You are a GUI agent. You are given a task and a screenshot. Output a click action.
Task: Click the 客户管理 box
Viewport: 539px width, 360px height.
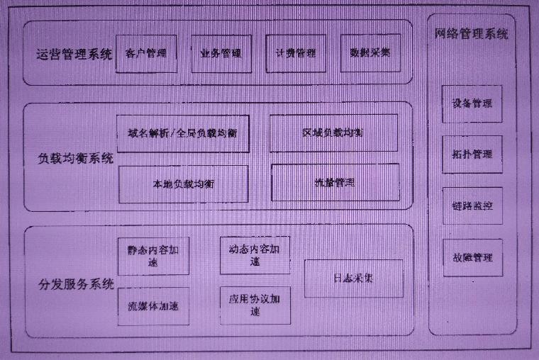tap(145, 54)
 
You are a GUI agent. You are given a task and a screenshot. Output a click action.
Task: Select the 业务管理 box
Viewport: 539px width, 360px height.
tap(221, 54)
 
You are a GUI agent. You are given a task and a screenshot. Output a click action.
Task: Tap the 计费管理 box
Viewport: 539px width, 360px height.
tap(295, 54)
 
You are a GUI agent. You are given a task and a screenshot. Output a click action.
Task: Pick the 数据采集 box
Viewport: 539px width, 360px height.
tap(369, 54)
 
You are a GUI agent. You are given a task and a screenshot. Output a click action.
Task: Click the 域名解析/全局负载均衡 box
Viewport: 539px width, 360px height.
tap(183, 133)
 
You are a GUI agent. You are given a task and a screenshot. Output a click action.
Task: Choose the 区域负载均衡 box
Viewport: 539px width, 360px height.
tap(333, 133)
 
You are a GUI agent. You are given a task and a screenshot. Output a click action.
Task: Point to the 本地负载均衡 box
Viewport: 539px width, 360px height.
tap(183, 184)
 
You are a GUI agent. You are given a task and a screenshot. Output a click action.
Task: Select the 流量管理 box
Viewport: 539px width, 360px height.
tap(334, 183)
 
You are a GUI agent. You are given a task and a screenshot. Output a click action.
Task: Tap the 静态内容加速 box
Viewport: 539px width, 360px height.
tap(153, 257)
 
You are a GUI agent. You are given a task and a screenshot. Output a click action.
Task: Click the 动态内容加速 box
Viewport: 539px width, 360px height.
tap(255, 255)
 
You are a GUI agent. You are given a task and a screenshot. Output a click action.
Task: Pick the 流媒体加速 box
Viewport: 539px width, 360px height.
tap(153, 306)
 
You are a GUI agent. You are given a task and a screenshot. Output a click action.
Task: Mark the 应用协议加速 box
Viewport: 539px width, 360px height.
tap(255, 305)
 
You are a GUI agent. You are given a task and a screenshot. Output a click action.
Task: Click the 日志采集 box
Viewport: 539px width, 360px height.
tap(353, 279)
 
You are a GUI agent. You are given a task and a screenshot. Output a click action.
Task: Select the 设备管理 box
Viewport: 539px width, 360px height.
tap(472, 103)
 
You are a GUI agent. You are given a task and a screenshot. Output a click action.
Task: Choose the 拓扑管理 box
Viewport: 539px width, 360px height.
tap(472, 154)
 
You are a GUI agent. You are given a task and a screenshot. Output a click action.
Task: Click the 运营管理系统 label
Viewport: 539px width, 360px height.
tap(74, 54)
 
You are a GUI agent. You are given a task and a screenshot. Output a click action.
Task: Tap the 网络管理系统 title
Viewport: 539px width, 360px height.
tap(471, 34)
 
